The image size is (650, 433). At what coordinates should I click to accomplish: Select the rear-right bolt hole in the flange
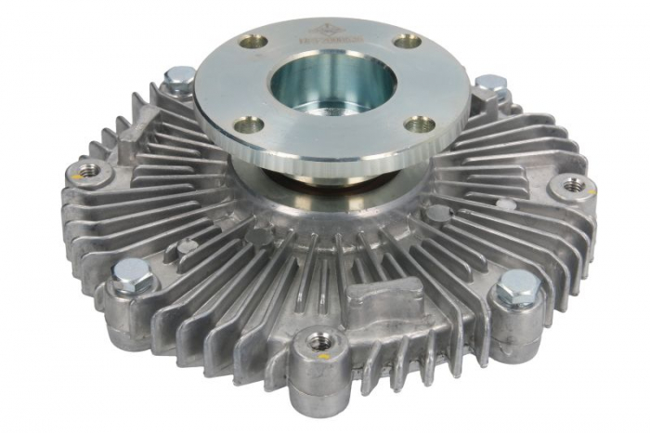(407, 42)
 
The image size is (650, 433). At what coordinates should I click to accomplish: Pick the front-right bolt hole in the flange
(420, 124)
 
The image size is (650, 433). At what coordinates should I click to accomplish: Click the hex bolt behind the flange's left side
(179, 80)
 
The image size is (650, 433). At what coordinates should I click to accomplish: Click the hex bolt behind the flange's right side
(489, 85)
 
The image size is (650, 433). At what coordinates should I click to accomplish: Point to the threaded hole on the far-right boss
(574, 184)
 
